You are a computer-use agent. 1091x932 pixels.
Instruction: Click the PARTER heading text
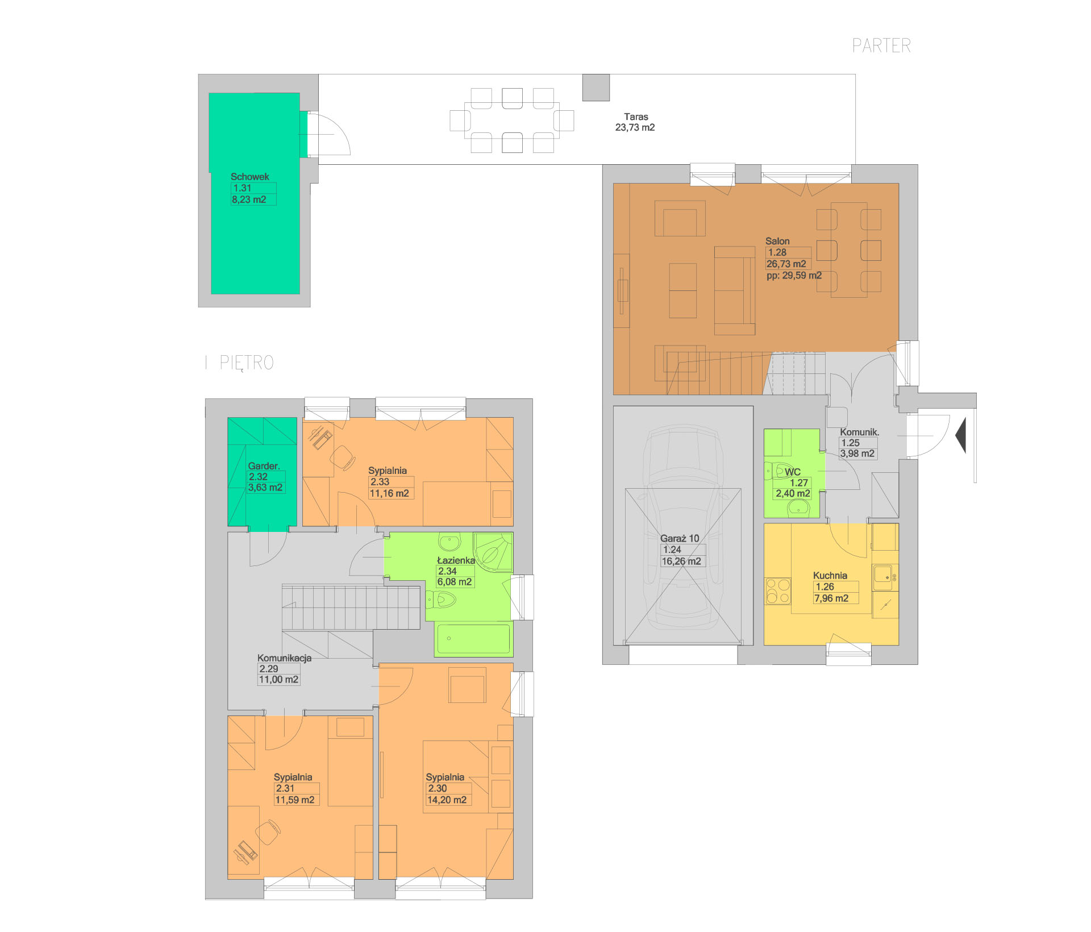tap(881, 45)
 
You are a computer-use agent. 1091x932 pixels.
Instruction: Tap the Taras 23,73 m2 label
tap(635, 122)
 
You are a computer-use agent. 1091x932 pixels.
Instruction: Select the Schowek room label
tap(250, 177)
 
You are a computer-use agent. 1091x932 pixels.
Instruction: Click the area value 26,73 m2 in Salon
tap(786, 264)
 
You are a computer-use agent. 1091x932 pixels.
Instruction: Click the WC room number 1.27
tap(798, 483)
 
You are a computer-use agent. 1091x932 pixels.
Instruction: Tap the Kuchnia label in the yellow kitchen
tap(830, 576)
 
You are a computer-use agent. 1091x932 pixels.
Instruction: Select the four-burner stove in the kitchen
tap(778, 591)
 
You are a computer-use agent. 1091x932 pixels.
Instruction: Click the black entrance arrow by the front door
tap(961, 435)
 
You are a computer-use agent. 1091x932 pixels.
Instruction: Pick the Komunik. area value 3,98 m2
tap(857, 453)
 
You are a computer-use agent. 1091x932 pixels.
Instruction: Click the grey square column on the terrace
tap(596, 88)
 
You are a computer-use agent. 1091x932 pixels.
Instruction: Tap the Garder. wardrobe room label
tap(264, 466)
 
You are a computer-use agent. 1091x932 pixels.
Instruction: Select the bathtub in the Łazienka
tap(473, 639)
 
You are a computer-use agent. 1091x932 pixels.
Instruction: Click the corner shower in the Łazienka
tap(493, 551)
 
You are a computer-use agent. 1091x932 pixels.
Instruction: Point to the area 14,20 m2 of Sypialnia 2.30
tap(447, 800)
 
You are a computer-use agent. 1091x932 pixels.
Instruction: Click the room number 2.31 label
tap(285, 788)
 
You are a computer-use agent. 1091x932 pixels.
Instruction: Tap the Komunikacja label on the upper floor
tap(284, 658)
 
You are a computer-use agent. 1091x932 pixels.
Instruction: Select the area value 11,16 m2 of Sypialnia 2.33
tap(389, 494)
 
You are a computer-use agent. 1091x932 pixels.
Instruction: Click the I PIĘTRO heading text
tap(240, 363)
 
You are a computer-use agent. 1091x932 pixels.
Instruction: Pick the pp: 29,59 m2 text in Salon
tap(794, 276)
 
